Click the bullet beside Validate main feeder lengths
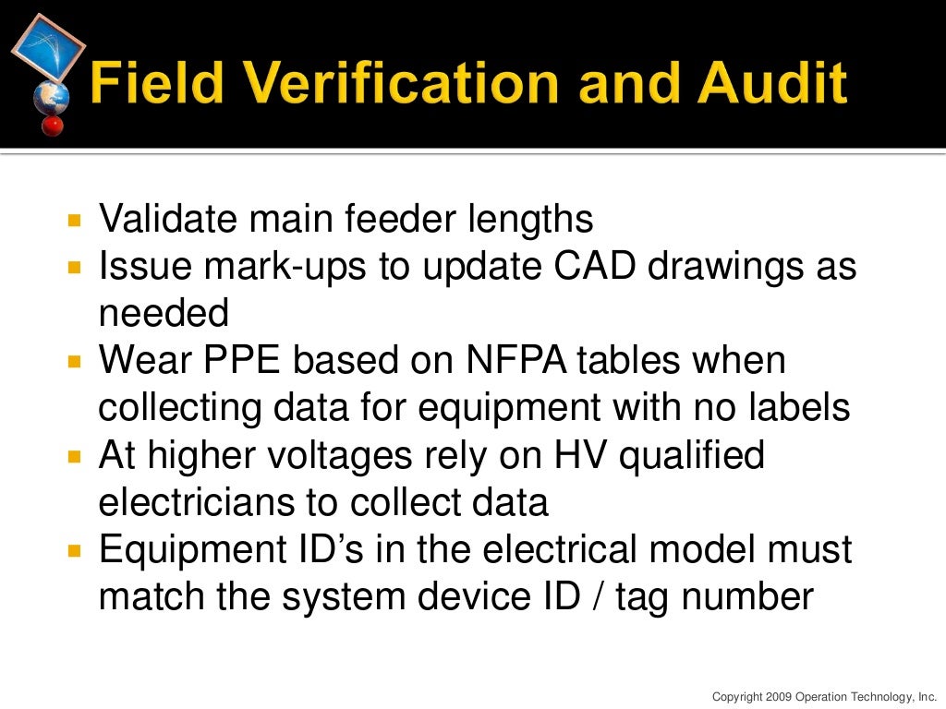(x=76, y=222)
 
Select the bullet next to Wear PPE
(x=76, y=362)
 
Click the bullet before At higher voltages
(x=76, y=456)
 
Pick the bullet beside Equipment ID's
(x=76, y=551)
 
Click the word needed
(x=164, y=314)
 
